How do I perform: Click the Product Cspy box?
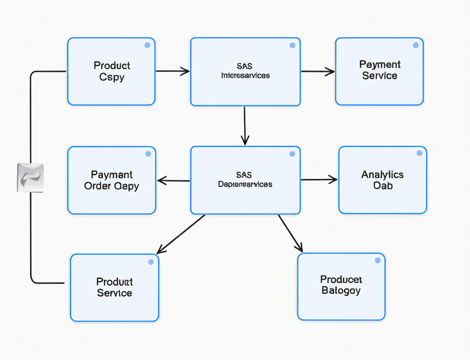coord(111,72)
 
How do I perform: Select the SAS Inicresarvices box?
coord(245,72)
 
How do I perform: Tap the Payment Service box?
coord(379,71)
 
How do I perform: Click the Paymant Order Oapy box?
coord(112,180)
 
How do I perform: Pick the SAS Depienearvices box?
coord(245,180)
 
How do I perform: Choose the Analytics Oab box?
coord(382,180)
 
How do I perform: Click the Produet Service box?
coord(114,288)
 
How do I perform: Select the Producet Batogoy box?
coord(341,286)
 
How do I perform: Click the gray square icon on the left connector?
coord(30,177)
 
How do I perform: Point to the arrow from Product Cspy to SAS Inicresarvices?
coord(173,71)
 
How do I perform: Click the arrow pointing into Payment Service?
coord(318,71)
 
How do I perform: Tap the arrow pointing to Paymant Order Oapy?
coord(173,181)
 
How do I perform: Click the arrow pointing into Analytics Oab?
coord(319,180)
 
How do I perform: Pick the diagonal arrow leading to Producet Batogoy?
coord(291,233)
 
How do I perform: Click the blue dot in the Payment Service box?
coord(415,45)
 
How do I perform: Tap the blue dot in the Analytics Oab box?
coord(419,153)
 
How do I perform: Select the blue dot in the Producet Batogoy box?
coord(377,260)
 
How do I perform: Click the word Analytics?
coord(382,174)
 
